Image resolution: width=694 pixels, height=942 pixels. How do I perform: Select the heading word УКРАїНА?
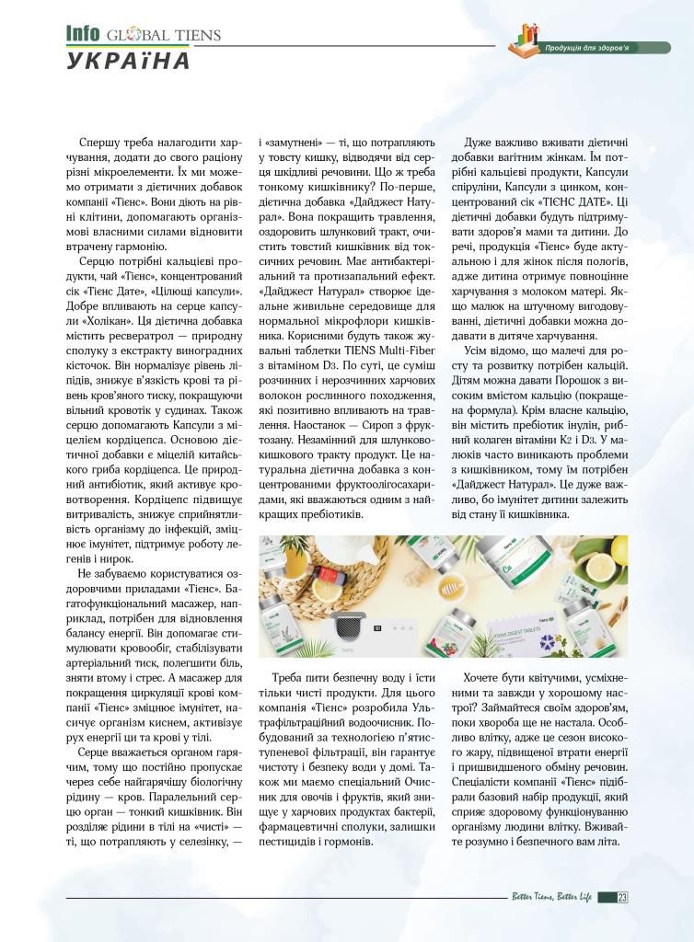(x=128, y=62)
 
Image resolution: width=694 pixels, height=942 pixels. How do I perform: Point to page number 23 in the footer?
(x=623, y=897)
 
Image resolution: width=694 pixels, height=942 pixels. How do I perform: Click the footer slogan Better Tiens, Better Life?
(x=551, y=897)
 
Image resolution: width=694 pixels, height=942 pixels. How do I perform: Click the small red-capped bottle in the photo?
(x=320, y=581)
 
